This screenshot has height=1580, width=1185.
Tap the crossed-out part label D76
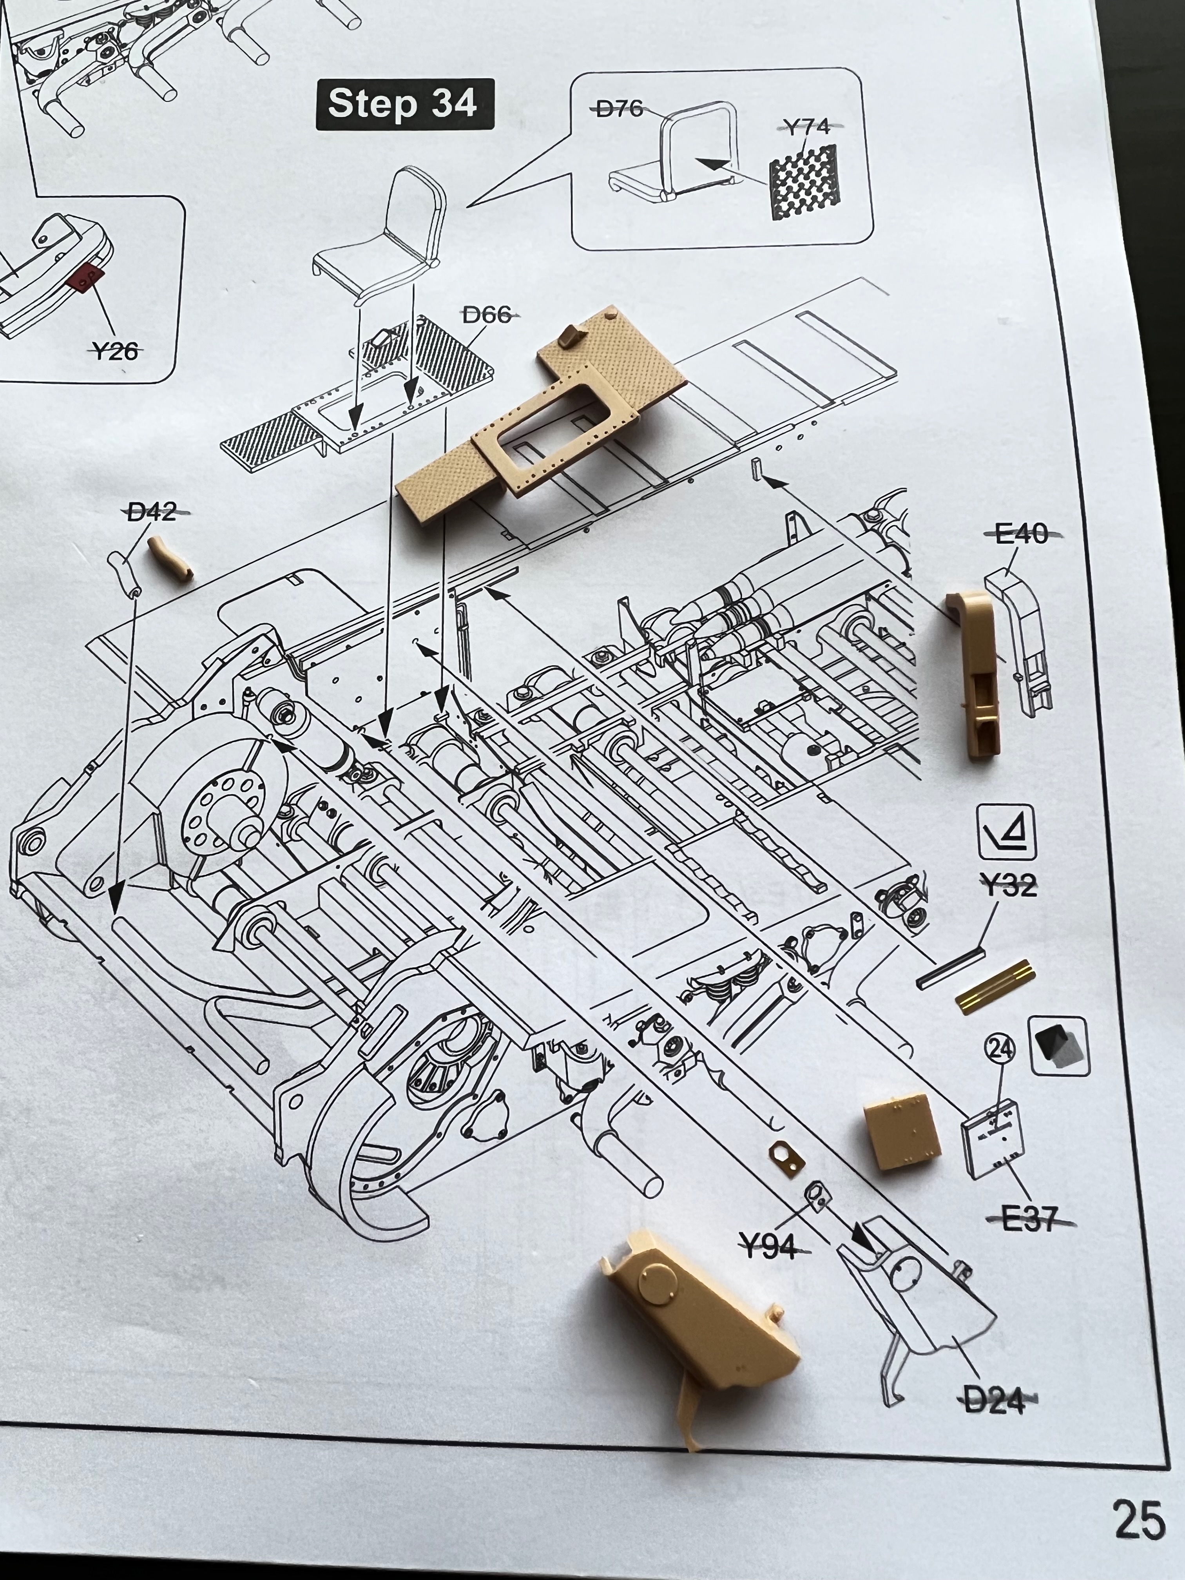pyautogui.click(x=619, y=109)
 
